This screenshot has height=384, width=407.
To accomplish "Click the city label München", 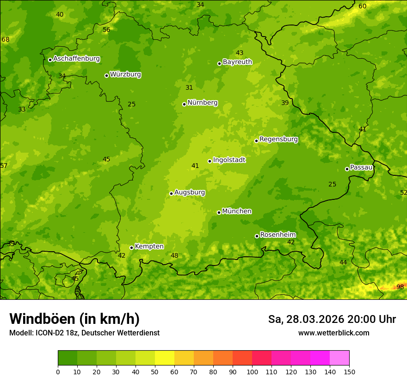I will [237, 211].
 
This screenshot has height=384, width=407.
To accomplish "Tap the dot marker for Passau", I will [347, 169].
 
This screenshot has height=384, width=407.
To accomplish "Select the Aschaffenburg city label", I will [76, 59].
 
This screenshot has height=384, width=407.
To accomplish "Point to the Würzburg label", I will [125, 74].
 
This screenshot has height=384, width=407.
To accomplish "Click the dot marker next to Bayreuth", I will [219, 63].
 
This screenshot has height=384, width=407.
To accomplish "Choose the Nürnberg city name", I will [202, 103].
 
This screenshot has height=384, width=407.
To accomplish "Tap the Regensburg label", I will [278, 139].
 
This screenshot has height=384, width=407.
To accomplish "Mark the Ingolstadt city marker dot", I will [210, 161].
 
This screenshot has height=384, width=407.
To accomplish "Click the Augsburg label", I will [190, 192].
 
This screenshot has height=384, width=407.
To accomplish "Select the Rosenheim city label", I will [278, 235].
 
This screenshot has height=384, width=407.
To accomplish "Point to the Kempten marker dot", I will [131, 248].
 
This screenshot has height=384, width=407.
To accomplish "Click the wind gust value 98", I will [400, 287].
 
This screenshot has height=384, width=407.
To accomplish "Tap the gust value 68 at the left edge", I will [6, 39].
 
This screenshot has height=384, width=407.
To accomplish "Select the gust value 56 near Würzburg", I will [106, 30].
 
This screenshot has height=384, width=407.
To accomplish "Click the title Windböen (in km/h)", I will [74, 319].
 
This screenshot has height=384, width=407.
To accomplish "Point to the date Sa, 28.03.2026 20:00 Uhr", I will [332, 319].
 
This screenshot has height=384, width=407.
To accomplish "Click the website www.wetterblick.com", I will [333, 333].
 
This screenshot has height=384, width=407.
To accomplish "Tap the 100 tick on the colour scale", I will [252, 372].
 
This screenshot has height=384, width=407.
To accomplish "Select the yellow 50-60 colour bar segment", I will [165, 358].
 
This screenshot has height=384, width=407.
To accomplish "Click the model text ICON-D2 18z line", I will [84, 333].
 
